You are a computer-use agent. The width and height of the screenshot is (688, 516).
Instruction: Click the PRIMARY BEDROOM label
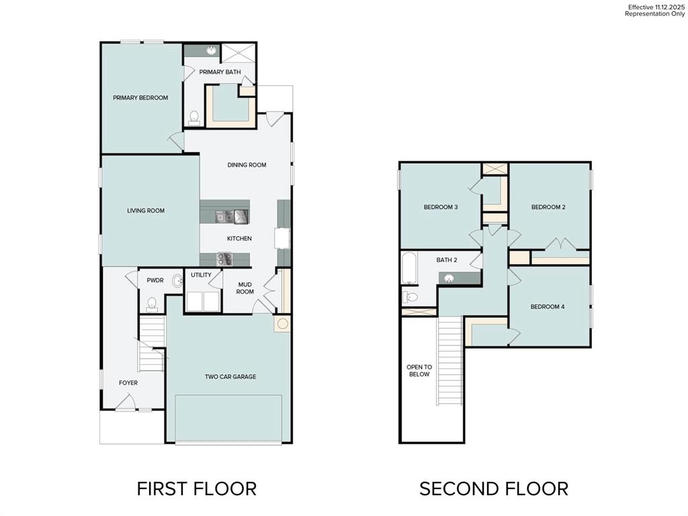pyautogui.click(x=140, y=98)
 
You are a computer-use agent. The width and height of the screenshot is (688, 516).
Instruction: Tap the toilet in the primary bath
pyautogui.click(x=194, y=118)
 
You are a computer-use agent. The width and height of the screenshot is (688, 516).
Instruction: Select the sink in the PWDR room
pyautogui.click(x=177, y=281)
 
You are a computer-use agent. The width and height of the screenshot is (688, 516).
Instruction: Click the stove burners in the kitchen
pyautogui.click(x=224, y=259)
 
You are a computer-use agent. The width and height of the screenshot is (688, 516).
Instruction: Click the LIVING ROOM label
pyautogui.click(x=146, y=210)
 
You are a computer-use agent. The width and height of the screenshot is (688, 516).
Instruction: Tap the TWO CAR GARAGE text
pyautogui.click(x=230, y=376)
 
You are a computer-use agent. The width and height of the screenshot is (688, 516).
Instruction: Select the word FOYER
pyautogui.click(x=128, y=382)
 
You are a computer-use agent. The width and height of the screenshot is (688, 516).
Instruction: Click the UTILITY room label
pyautogui.click(x=201, y=275)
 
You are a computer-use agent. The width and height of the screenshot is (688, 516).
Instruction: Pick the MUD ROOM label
pyautogui.click(x=245, y=288)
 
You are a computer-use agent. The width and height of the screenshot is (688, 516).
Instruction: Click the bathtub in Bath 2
pyautogui.click(x=409, y=267)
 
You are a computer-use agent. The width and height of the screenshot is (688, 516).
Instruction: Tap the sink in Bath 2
pyautogui.click(x=449, y=278)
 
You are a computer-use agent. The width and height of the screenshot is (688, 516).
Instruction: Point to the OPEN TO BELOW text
pyautogui.click(x=419, y=371)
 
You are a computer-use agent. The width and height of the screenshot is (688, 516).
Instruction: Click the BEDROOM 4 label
pyautogui.click(x=547, y=306)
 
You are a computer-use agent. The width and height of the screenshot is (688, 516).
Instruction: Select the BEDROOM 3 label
pyautogui.click(x=441, y=207)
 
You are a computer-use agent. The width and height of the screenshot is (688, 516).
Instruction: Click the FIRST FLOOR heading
pyautogui.click(x=197, y=489)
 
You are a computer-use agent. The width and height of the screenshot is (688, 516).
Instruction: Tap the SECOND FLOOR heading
pyautogui.click(x=494, y=489)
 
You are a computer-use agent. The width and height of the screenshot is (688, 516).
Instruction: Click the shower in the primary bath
pyautogui.click(x=239, y=53)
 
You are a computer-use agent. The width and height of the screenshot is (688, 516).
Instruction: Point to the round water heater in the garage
pyautogui.click(x=283, y=324)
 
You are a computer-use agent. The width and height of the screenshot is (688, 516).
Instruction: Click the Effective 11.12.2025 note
pyautogui.click(x=656, y=7)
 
